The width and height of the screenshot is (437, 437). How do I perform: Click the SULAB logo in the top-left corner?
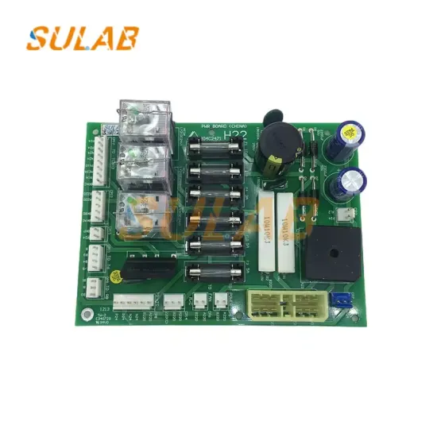pyautogui.click(x=83, y=37)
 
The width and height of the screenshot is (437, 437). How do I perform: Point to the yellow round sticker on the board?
pyautogui.click(x=117, y=277)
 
